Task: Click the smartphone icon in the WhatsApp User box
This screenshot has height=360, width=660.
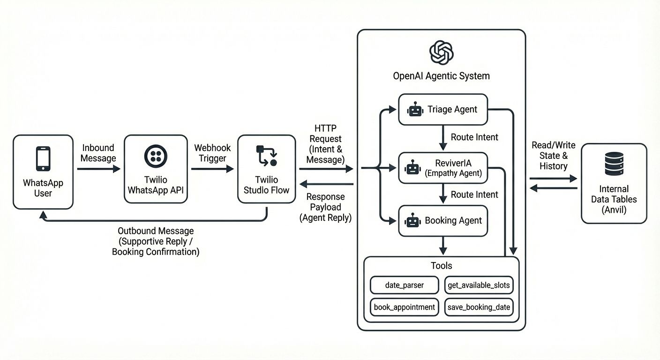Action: [43, 159]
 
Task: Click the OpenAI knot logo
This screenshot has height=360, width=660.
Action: [441, 52]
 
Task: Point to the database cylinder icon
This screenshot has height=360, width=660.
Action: [614, 164]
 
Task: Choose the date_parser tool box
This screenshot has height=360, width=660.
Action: [404, 285]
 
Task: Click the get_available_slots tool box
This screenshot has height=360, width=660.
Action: [479, 285]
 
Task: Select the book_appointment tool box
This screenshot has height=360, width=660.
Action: [404, 307]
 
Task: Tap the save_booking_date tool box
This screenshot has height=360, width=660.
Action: [479, 307]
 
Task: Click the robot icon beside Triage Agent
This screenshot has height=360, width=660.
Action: [415, 110]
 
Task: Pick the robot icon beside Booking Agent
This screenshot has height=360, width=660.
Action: [412, 221]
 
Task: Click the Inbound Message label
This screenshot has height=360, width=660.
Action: [98, 153]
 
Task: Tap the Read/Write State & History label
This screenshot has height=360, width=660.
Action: [553, 156]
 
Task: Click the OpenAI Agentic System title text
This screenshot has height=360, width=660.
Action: [441, 76]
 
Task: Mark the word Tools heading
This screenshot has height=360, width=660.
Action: [441, 266]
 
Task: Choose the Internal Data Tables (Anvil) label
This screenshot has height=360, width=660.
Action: [614, 199]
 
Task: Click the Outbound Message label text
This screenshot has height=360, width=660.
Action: [156, 241]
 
